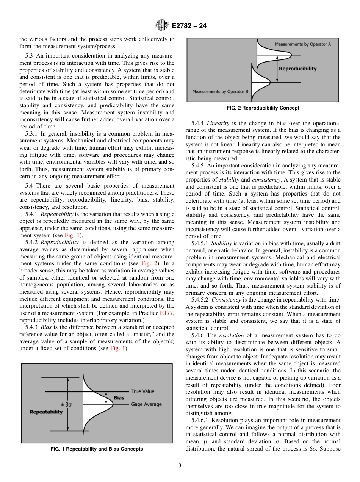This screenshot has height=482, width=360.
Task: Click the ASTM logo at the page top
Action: pyautogui.click(x=162, y=26)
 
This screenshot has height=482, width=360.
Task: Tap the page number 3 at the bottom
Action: pyautogui.click(x=180, y=466)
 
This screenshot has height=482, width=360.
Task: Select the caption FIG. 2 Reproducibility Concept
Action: pyautogui.click(x=263, y=108)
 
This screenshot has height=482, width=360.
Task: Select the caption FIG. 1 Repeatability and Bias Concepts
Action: pyautogui.click(x=97, y=449)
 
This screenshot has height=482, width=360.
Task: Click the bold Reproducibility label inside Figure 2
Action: pyautogui.click(x=297, y=69)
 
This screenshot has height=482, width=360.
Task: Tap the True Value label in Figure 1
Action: pyautogui.click(x=143, y=391)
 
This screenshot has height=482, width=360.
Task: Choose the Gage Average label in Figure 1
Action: pyautogui.click(x=146, y=404)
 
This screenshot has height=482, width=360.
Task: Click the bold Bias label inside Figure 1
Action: pyautogui.click(x=119, y=398)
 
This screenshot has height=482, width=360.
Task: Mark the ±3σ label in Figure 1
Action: pyautogui.click(x=66, y=404)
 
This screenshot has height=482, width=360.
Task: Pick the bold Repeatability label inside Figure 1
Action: pyautogui.click(x=46, y=412)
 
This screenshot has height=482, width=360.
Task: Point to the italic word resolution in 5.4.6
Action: pyautogui.click(x=230, y=335)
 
